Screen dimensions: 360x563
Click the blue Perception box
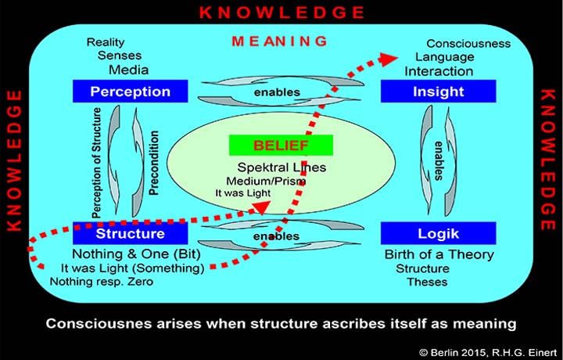(x=130, y=92)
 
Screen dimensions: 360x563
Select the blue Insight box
(x=438, y=92)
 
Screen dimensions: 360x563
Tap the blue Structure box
(x=130, y=233)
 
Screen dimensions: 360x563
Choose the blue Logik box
(x=438, y=233)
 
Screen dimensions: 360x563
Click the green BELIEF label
(x=280, y=146)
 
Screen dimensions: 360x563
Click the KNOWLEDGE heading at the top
(x=282, y=12)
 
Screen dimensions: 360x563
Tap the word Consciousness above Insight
(x=468, y=44)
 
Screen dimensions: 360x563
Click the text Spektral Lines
(x=281, y=167)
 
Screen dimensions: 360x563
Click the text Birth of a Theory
(x=439, y=254)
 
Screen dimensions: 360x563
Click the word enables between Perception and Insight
(x=278, y=92)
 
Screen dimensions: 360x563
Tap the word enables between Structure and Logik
(x=278, y=235)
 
